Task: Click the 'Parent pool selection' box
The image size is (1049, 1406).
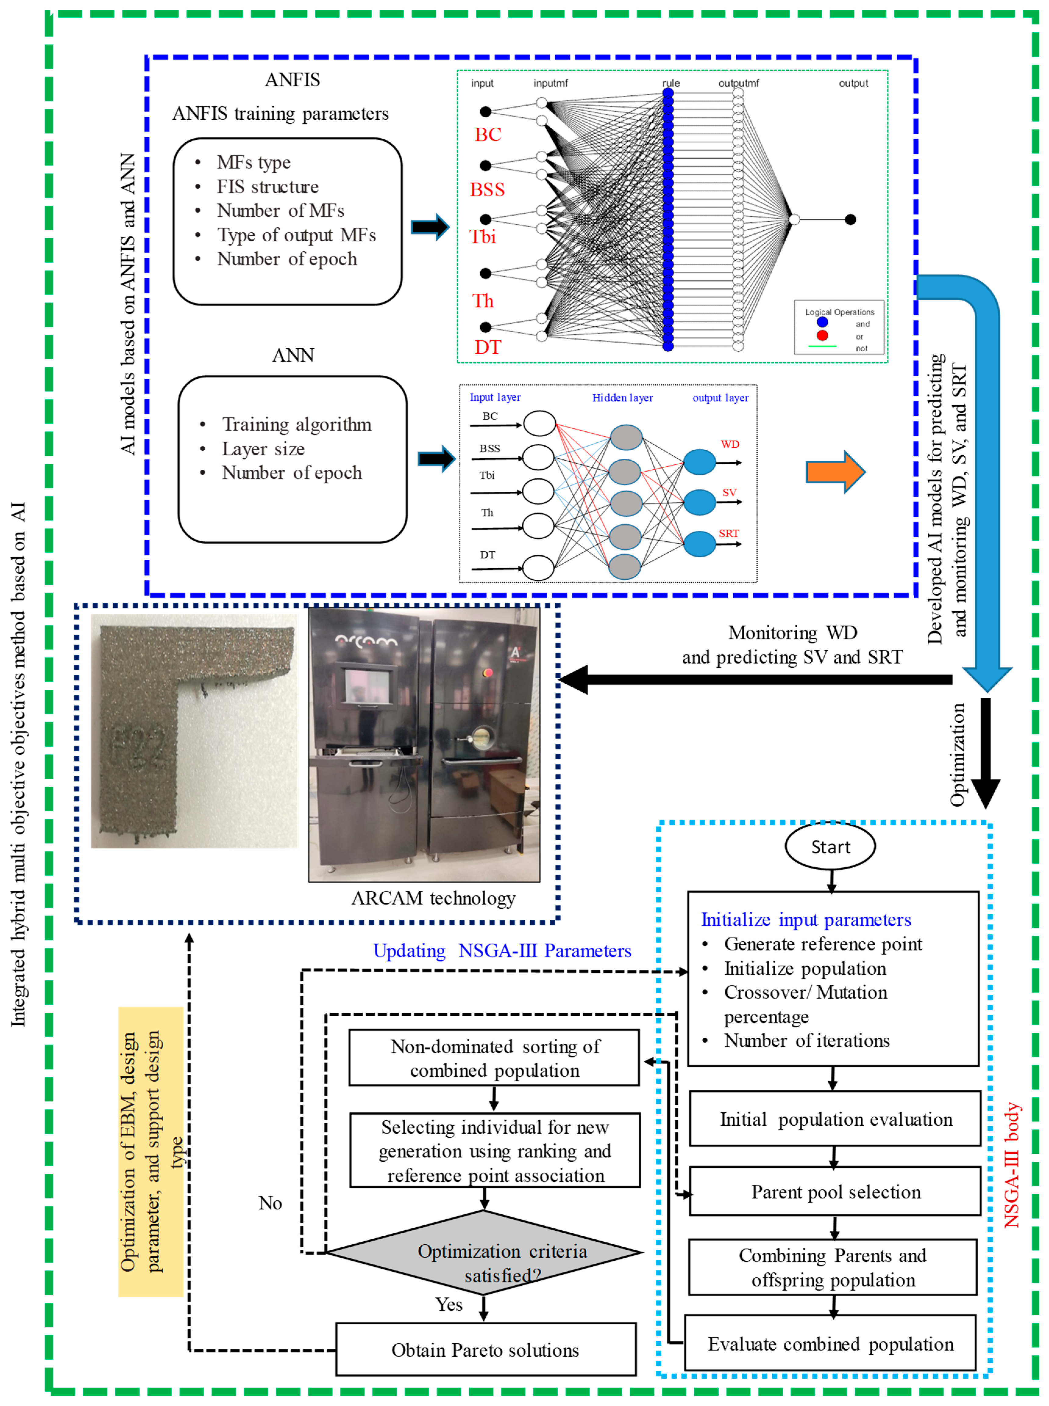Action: pos(835,1192)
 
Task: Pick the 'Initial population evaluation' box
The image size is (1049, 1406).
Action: pos(835,1119)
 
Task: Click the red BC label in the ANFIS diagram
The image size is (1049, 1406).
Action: pos(488,135)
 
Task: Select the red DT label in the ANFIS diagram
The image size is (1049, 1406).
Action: pos(488,347)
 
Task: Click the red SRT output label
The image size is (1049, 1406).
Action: pos(728,533)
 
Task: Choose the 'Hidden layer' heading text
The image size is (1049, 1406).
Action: pos(622,398)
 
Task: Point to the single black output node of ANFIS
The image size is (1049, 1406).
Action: pos(850,220)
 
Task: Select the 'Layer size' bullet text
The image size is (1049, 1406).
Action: pos(263,449)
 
